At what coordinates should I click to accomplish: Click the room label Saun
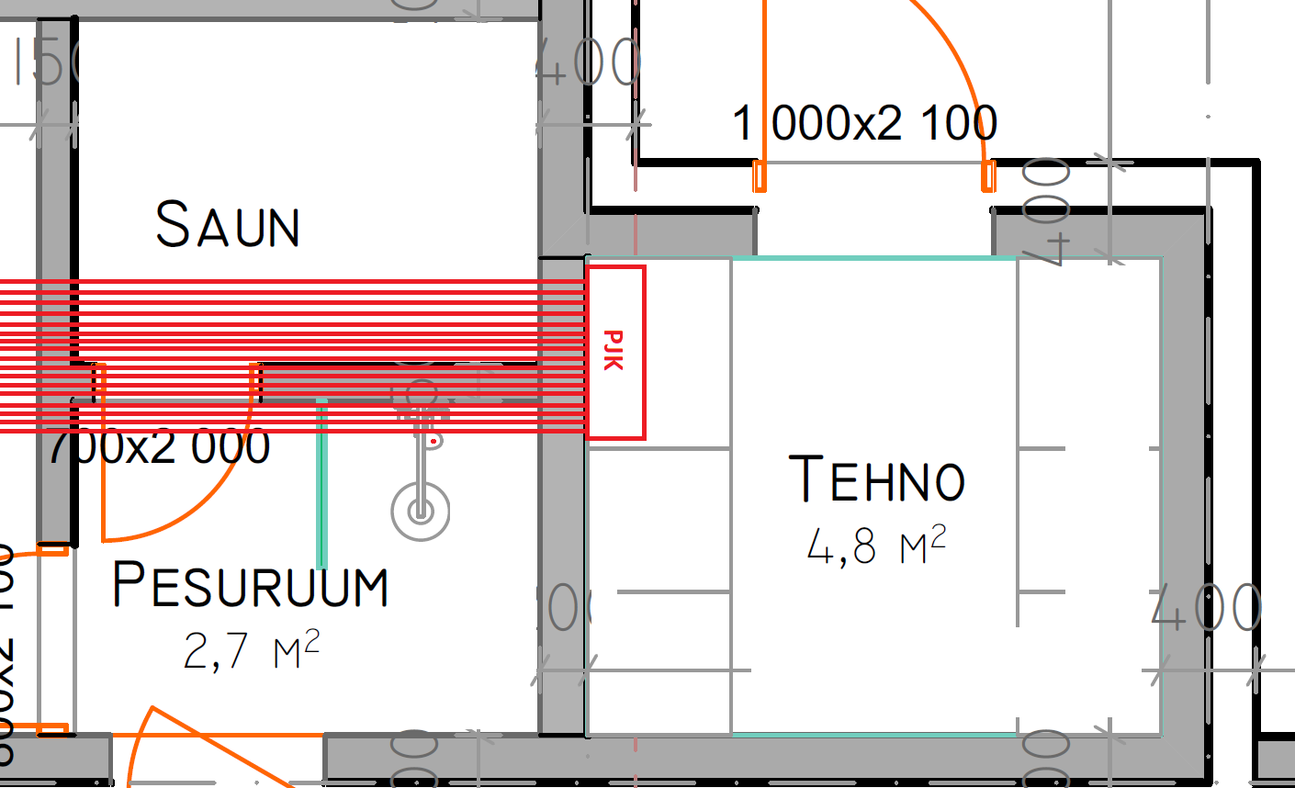228,225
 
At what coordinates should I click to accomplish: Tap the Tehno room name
877,478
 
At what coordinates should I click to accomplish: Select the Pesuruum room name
250,585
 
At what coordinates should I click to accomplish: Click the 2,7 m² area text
251,650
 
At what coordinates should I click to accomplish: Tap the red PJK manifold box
615,353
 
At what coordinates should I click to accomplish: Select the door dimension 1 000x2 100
864,123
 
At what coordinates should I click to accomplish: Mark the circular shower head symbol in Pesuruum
421,512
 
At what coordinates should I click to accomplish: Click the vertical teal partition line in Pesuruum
321,482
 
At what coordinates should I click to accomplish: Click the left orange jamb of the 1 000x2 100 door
760,175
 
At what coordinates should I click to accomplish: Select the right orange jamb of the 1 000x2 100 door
988,175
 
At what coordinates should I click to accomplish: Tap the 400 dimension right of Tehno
1206,608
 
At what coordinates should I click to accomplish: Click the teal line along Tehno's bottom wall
873,735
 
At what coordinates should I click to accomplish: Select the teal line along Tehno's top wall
873,258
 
